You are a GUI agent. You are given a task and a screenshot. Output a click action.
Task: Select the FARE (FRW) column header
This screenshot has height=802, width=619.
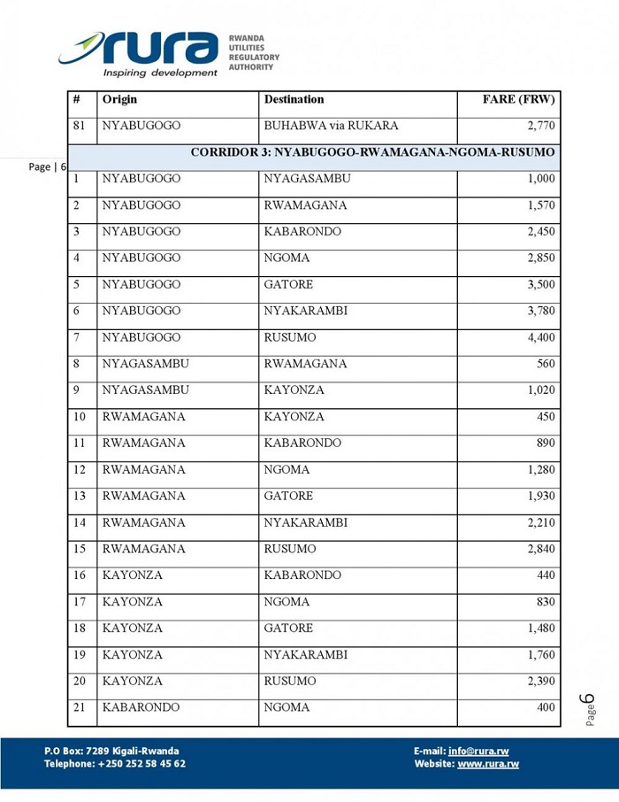[518, 99]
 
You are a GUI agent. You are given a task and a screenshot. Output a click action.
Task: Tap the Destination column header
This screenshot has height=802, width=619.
[294, 99]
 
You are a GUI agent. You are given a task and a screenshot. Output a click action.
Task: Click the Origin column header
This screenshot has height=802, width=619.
[119, 99]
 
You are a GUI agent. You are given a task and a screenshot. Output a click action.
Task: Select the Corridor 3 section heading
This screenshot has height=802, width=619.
[372, 152]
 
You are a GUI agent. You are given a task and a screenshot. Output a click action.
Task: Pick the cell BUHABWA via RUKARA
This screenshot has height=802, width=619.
[331, 126]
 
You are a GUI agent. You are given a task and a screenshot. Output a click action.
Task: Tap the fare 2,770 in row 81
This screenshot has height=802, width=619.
[539, 126]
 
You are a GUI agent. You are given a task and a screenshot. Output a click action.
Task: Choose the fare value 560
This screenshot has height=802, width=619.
[545, 364]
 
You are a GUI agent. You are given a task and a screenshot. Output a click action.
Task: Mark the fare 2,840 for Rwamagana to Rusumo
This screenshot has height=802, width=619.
[539, 549]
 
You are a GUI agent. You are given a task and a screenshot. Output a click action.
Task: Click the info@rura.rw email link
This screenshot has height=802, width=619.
[478, 751]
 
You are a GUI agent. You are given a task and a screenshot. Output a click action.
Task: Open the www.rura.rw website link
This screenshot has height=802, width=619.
[487, 764]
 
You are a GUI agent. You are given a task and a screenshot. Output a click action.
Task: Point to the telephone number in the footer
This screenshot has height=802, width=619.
[115, 764]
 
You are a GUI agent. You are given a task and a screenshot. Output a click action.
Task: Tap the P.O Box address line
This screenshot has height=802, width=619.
[111, 751]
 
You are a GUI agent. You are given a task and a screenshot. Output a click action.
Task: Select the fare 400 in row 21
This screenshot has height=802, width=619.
[545, 707]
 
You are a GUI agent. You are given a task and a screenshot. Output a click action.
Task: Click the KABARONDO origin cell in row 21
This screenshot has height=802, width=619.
[141, 707]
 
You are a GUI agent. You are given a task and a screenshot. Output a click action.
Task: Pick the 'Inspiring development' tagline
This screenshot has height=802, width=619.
[160, 73]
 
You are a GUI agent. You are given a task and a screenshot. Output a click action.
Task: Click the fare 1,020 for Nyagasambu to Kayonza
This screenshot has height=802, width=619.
[539, 390]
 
